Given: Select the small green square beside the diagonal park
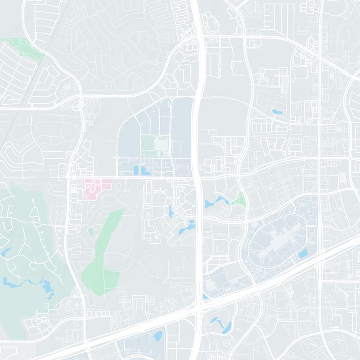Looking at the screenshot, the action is coord(90,231).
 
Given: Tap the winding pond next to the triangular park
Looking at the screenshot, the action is coord(218,201).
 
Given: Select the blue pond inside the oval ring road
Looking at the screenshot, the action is coord(302,253).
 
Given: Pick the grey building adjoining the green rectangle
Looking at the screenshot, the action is coord(160,145).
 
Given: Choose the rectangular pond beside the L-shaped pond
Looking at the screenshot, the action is coord(135,170).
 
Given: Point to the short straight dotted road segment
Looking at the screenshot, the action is coord(110,141).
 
